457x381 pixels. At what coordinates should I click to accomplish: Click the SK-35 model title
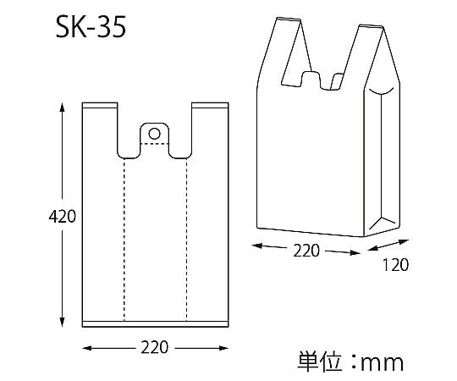tap(91, 27)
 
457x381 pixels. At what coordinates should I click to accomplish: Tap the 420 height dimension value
tap(62, 217)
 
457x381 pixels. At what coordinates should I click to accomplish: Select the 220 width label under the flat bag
tap(155, 347)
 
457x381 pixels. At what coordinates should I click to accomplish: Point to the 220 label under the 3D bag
tap(306, 251)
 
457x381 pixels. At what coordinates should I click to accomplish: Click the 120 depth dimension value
tap(395, 265)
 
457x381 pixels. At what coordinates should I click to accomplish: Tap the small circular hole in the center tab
tap(155, 134)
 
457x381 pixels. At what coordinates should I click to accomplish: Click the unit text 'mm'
tap(382, 363)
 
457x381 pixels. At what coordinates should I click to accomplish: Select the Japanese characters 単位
tap(319, 362)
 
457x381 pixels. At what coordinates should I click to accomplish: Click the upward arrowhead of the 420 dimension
tap(62, 108)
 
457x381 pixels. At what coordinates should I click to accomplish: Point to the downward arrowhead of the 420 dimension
tap(62, 322)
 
